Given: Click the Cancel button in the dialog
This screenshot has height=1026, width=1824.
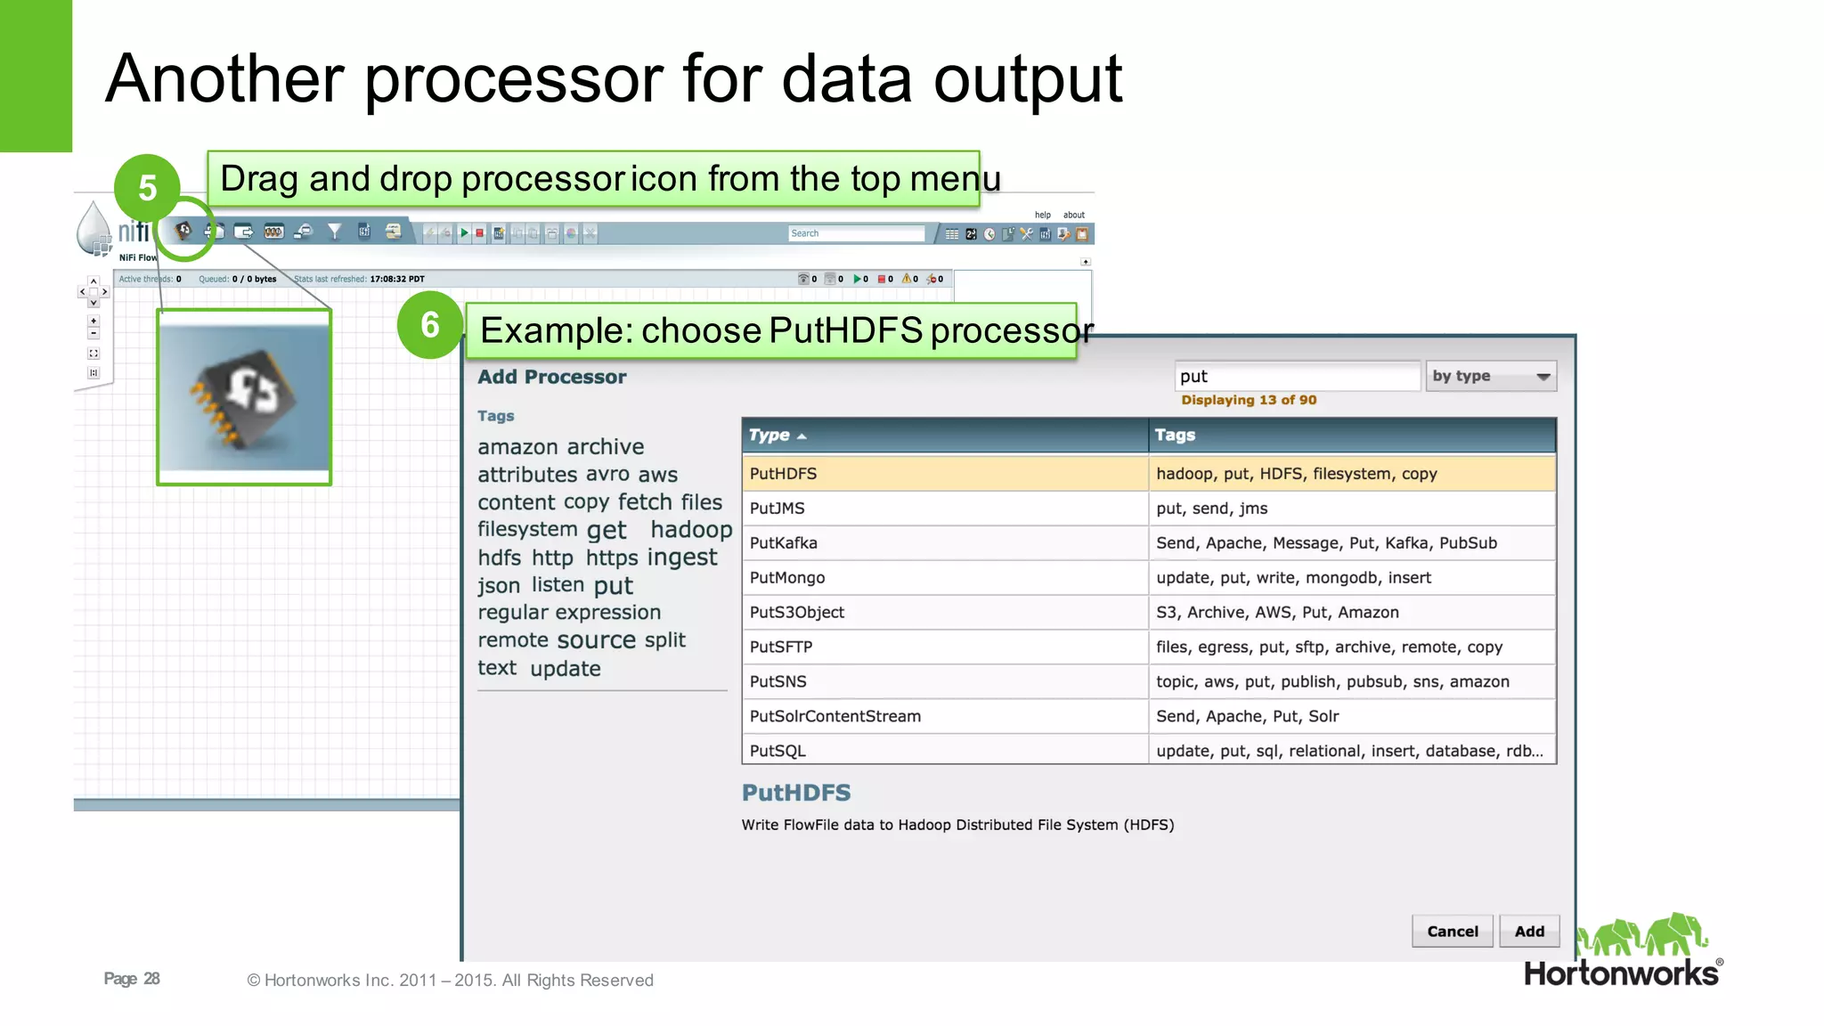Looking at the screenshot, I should click(x=1452, y=931).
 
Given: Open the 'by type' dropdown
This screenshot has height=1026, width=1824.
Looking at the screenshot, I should click(x=1491, y=377).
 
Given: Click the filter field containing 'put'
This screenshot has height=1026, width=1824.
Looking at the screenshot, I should click(x=1296, y=377).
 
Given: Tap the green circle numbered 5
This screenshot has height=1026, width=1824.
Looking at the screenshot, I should click(x=148, y=188).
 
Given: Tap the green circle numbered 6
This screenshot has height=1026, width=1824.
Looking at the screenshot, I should click(x=430, y=325).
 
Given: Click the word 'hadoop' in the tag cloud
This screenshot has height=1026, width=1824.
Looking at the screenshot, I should click(x=691, y=530).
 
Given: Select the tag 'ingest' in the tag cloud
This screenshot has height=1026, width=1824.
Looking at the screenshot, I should click(x=682, y=558).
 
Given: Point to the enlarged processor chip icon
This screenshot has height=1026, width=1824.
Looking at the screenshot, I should click(x=244, y=397).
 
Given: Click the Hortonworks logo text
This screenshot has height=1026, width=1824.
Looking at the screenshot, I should click(x=1621, y=973).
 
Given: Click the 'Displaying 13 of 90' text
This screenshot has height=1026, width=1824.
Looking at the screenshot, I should click(x=1249, y=400).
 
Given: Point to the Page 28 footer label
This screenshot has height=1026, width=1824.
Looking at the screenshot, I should click(x=132, y=979).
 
